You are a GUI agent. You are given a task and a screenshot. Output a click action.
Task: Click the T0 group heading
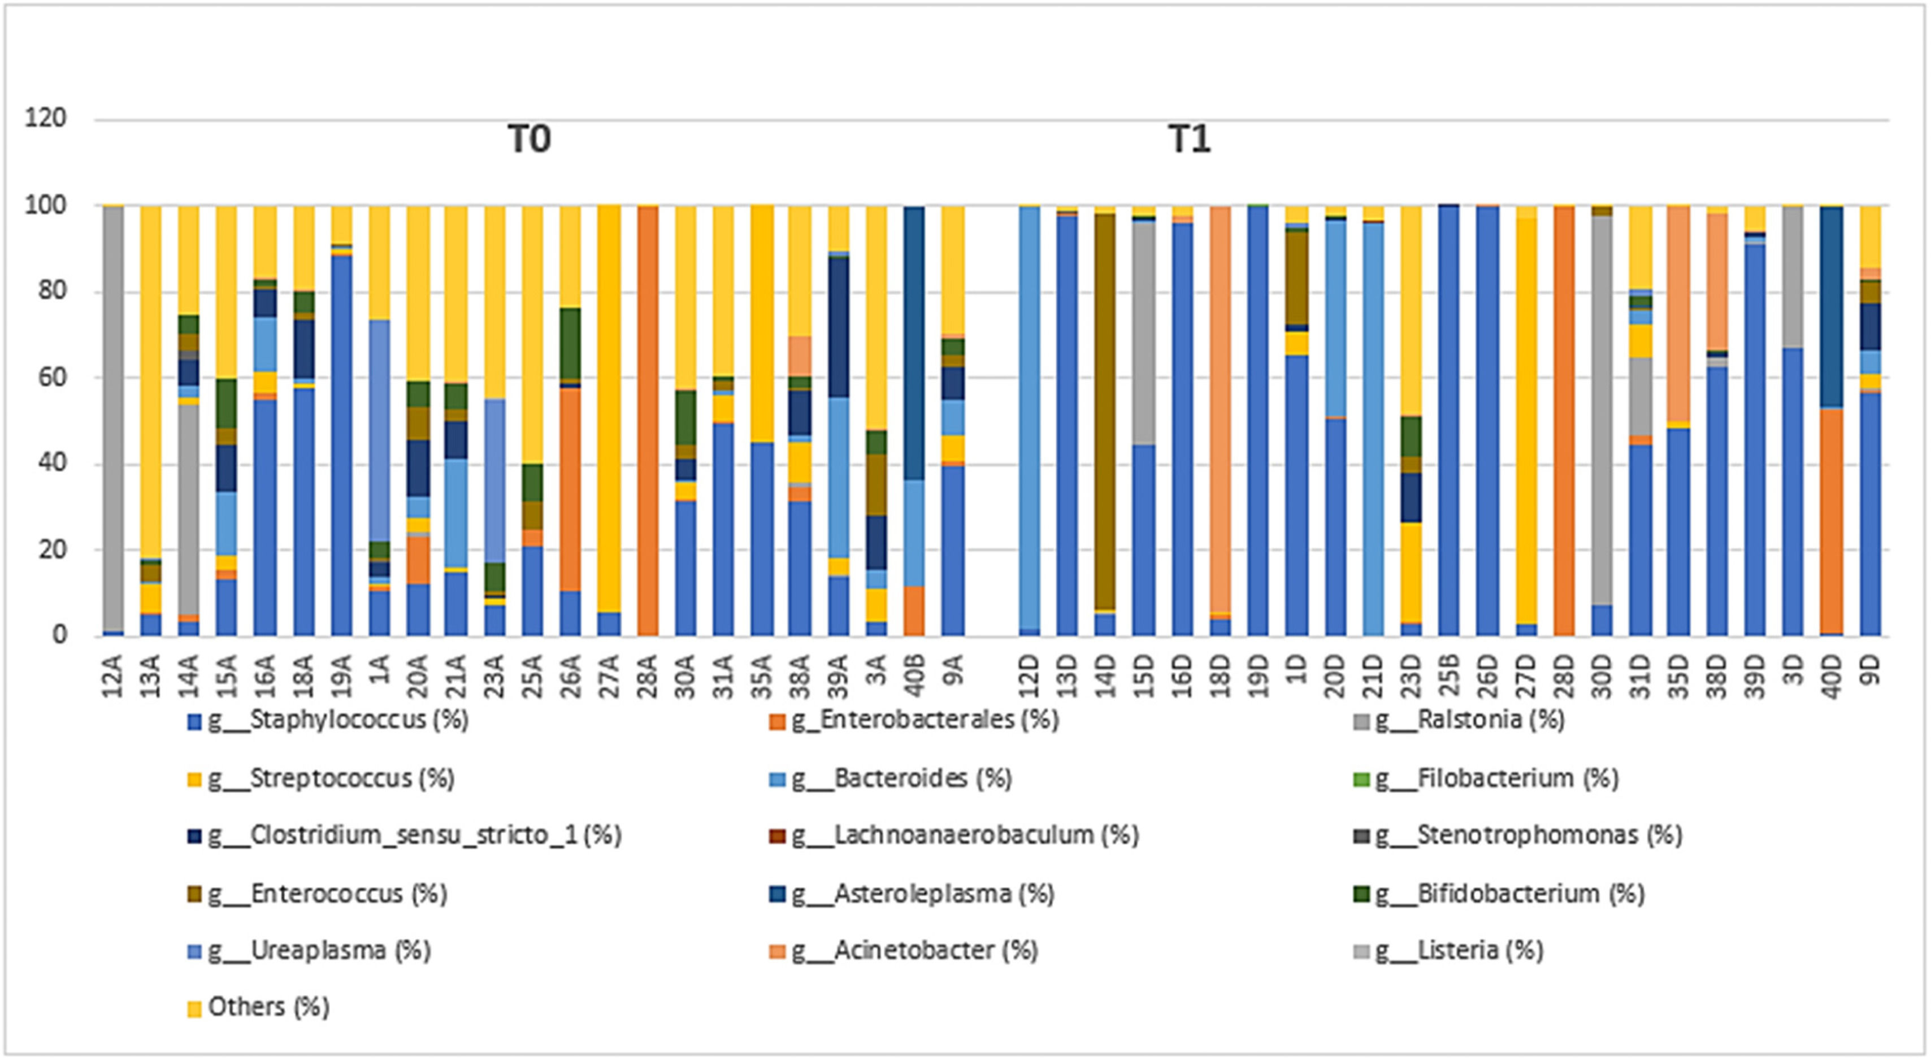coord(529,140)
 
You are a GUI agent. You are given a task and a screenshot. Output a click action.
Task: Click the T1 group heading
coord(1189,140)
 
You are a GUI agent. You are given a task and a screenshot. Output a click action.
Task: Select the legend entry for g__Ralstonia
coord(1469,720)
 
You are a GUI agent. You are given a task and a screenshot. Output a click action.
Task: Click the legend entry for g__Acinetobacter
coord(914,951)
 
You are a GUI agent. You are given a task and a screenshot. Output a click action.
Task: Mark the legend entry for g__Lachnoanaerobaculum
coord(964,835)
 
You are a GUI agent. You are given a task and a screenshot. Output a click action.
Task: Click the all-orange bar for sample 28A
coord(648,420)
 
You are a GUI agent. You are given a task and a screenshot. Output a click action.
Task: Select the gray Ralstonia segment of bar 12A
coord(113,420)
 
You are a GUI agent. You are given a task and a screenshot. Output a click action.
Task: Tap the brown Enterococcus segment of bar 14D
coord(1105,413)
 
